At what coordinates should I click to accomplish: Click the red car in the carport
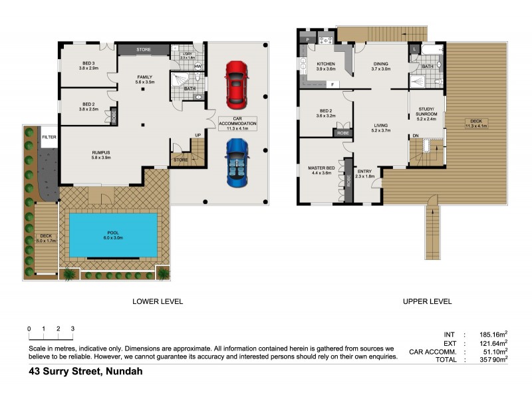(235, 84)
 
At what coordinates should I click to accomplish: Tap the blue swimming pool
(114, 235)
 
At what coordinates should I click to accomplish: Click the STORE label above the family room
(144, 49)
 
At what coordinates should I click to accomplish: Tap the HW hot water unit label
(198, 66)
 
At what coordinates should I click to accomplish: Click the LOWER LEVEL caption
(158, 301)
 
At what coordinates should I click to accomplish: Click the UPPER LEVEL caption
(428, 301)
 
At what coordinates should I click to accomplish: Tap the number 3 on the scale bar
(72, 329)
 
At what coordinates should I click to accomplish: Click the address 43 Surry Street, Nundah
(85, 372)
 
